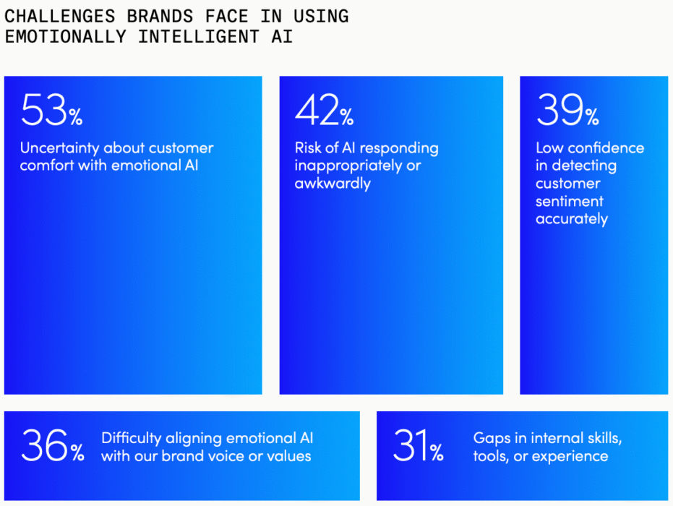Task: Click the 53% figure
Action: [51, 111]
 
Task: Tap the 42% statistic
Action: [324, 111]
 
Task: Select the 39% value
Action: [567, 111]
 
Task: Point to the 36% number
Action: [52, 445]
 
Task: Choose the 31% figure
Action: [418, 445]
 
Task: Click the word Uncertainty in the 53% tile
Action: [59, 148]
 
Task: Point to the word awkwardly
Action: [332, 184]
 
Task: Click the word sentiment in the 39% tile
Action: [569, 202]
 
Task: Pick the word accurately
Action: [571, 219]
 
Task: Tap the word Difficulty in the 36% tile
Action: [132, 439]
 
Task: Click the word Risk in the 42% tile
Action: [308, 148]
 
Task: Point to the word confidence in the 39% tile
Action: [606, 148]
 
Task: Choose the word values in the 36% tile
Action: [288, 456]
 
